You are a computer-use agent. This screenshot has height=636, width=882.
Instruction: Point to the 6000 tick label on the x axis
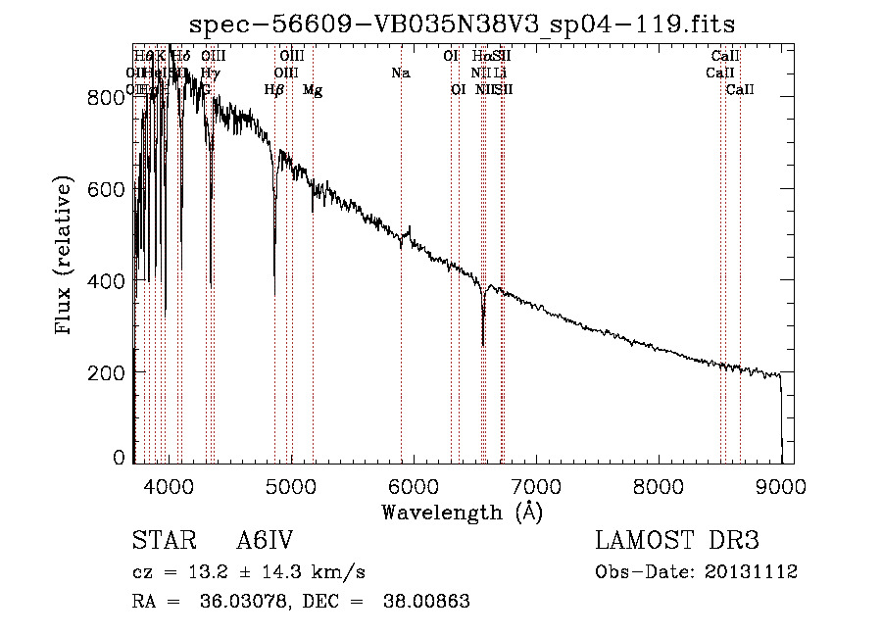(413, 485)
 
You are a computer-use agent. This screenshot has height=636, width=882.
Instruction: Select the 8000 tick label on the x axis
(658, 485)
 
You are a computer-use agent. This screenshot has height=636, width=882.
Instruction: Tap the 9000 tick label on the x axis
(780, 485)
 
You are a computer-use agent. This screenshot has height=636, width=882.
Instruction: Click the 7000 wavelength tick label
(535, 485)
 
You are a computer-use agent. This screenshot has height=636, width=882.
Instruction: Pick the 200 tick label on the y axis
(111, 373)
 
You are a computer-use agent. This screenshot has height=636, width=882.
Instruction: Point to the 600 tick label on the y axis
(111, 188)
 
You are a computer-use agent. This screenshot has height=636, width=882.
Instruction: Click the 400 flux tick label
(111, 281)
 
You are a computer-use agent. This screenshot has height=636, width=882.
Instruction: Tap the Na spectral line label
(400, 73)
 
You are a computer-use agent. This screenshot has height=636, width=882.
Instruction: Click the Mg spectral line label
(313, 90)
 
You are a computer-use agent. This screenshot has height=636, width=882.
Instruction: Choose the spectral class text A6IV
(265, 542)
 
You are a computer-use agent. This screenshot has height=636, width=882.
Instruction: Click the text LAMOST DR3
(677, 542)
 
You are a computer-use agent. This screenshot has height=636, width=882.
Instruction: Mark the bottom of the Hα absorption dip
(483, 343)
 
